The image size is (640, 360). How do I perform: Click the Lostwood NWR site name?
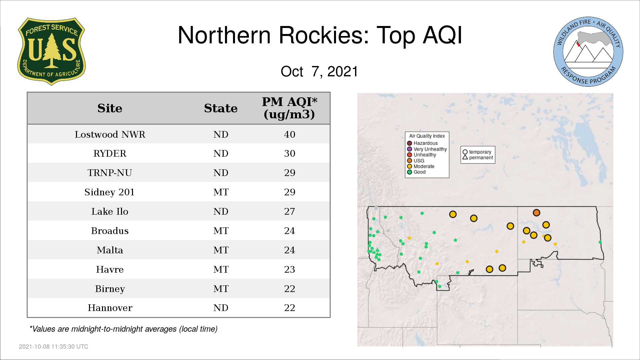pos(110,134)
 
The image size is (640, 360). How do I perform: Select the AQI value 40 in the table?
pos(290,134)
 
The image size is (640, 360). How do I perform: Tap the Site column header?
pos(110,108)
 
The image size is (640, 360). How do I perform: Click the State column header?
pos(221,108)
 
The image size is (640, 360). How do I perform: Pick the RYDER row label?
pos(110,153)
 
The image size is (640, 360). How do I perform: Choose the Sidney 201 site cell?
pos(109,192)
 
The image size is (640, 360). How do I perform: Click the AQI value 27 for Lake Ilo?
pos(290,211)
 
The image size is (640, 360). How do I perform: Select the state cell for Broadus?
pos(221,231)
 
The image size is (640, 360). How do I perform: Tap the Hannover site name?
pos(110,308)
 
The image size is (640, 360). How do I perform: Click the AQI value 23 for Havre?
pos(290,269)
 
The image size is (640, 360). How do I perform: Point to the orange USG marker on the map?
pos(536,213)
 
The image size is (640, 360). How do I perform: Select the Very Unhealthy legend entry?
pos(427,149)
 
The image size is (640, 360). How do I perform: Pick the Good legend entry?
pos(416,172)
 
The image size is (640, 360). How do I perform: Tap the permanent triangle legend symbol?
pos(465,157)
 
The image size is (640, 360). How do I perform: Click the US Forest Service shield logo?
pos(51,52)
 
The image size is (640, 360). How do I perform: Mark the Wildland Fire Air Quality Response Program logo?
pos(588,52)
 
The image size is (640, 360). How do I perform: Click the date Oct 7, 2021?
pos(319,71)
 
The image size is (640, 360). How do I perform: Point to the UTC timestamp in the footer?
pos(54,347)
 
